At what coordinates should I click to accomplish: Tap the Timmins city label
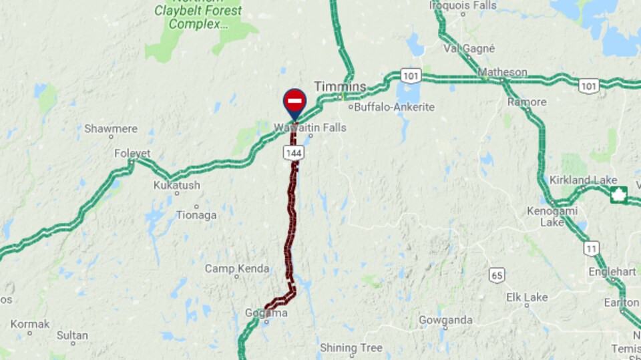click(341, 87)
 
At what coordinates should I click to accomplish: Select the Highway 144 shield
click(294, 153)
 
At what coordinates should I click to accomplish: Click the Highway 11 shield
click(591, 249)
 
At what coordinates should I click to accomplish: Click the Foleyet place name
click(132, 154)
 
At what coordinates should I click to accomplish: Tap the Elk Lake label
click(526, 297)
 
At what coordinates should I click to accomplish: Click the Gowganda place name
click(445, 320)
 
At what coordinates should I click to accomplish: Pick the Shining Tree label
click(351, 347)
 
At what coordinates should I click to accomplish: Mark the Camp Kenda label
click(237, 268)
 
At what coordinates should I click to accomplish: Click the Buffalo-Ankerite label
click(395, 107)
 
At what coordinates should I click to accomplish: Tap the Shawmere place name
click(111, 129)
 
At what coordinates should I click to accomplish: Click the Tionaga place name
click(196, 215)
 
